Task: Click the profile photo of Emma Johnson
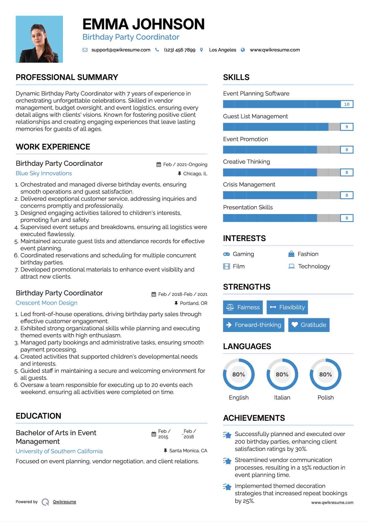tap(39, 39)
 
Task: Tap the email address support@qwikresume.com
tap(121, 50)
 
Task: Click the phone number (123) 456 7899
tap(179, 50)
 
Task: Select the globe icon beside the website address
tap(243, 50)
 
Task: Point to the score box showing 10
tap(346, 104)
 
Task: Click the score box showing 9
tap(346, 127)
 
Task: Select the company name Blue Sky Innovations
tap(44, 173)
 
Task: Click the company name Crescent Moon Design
tap(46, 303)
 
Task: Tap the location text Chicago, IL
tap(195, 174)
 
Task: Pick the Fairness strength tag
tap(243, 307)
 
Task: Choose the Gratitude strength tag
tap(309, 325)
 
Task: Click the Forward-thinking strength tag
tap(254, 325)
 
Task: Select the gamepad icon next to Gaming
tap(226, 254)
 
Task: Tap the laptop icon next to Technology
tap(291, 266)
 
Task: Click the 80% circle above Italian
tap(282, 374)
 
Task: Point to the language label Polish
tap(325, 397)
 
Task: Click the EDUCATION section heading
tap(38, 416)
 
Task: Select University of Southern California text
tap(59, 451)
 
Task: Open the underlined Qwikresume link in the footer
tap(65, 502)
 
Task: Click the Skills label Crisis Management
tap(249, 185)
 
